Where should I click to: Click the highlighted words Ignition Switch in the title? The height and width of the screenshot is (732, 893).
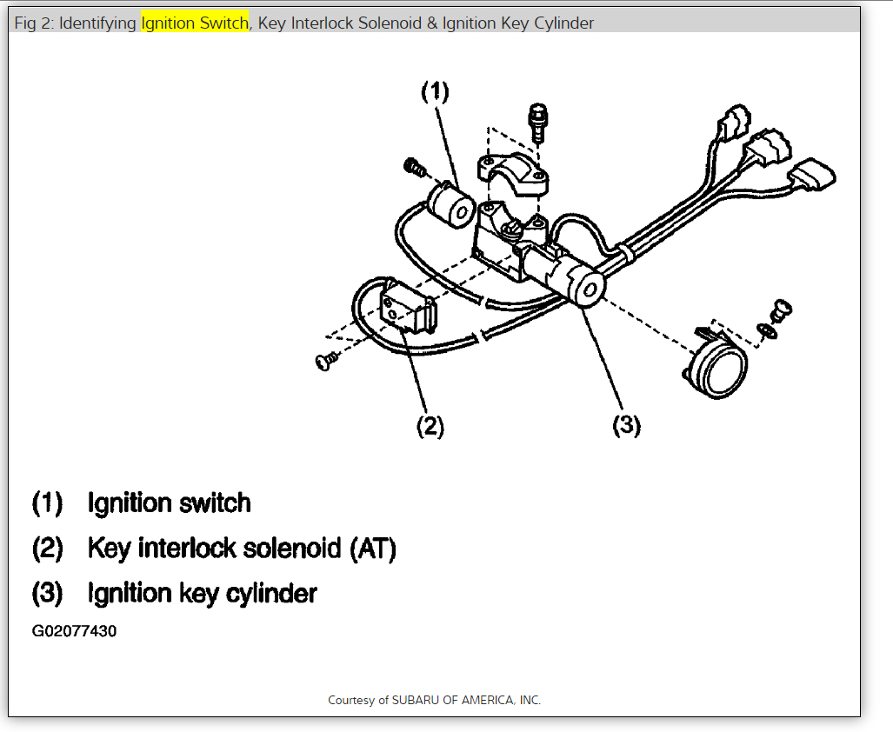tap(194, 23)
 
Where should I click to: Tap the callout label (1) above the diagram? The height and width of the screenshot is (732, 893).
tap(436, 91)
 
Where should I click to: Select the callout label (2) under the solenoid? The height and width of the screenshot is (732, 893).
tap(430, 426)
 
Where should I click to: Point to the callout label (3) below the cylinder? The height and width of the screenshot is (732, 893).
tap(627, 425)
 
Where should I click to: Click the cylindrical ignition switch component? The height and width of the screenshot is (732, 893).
tap(450, 208)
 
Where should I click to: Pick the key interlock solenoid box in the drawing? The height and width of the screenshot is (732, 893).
tap(408, 309)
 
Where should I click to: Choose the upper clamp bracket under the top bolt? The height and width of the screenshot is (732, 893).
tap(512, 172)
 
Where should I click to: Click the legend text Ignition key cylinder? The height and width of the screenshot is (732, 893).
tap(202, 594)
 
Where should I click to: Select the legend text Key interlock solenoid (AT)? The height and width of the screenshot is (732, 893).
tap(242, 549)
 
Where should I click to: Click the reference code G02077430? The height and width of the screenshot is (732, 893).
tap(74, 631)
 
